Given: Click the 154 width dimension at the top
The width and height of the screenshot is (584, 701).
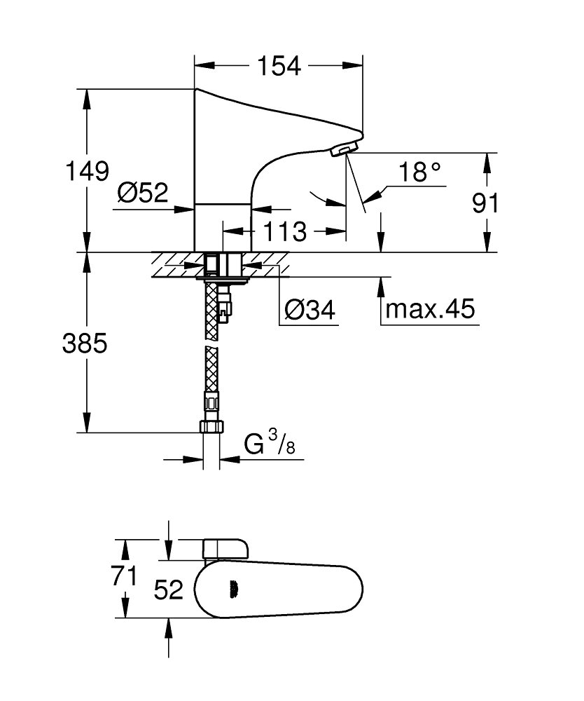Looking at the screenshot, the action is pyautogui.click(x=279, y=66).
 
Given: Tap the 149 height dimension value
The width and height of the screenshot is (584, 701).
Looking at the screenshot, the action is pyautogui.click(x=87, y=171).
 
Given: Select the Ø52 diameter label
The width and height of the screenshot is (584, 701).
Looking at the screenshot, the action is pyautogui.click(x=143, y=193).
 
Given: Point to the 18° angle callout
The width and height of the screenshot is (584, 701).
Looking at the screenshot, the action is pyautogui.click(x=419, y=172).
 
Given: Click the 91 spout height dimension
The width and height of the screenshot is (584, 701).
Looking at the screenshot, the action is pyautogui.click(x=485, y=203).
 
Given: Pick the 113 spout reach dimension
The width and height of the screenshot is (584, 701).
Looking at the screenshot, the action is pyautogui.click(x=285, y=231).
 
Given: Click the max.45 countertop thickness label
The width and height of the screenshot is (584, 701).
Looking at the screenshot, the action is pyautogui.click(x=430, y=308).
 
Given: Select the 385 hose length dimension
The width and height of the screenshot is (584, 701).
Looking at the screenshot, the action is pyautogui.click(x=85, y=343).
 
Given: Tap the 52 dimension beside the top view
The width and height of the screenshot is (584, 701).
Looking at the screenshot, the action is pyautogui.click(x=168, y=590).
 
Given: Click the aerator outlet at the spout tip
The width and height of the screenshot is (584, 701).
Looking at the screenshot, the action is pyautogui.click(x=344, y=149).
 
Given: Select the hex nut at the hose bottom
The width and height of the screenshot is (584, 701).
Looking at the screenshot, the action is pyautogui.click(x=211, y=426).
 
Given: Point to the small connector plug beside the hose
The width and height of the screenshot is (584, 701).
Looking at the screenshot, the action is pyautogui.click(x=225, y=304).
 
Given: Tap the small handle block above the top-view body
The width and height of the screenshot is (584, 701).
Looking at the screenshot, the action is pyautogui.click(x=225, y=550).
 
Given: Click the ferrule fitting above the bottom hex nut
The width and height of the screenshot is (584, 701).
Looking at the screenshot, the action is pyautogui.click(x=211, y=402).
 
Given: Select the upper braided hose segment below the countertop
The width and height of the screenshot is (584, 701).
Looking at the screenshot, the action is pyautogui.click(x=211, y=311).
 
